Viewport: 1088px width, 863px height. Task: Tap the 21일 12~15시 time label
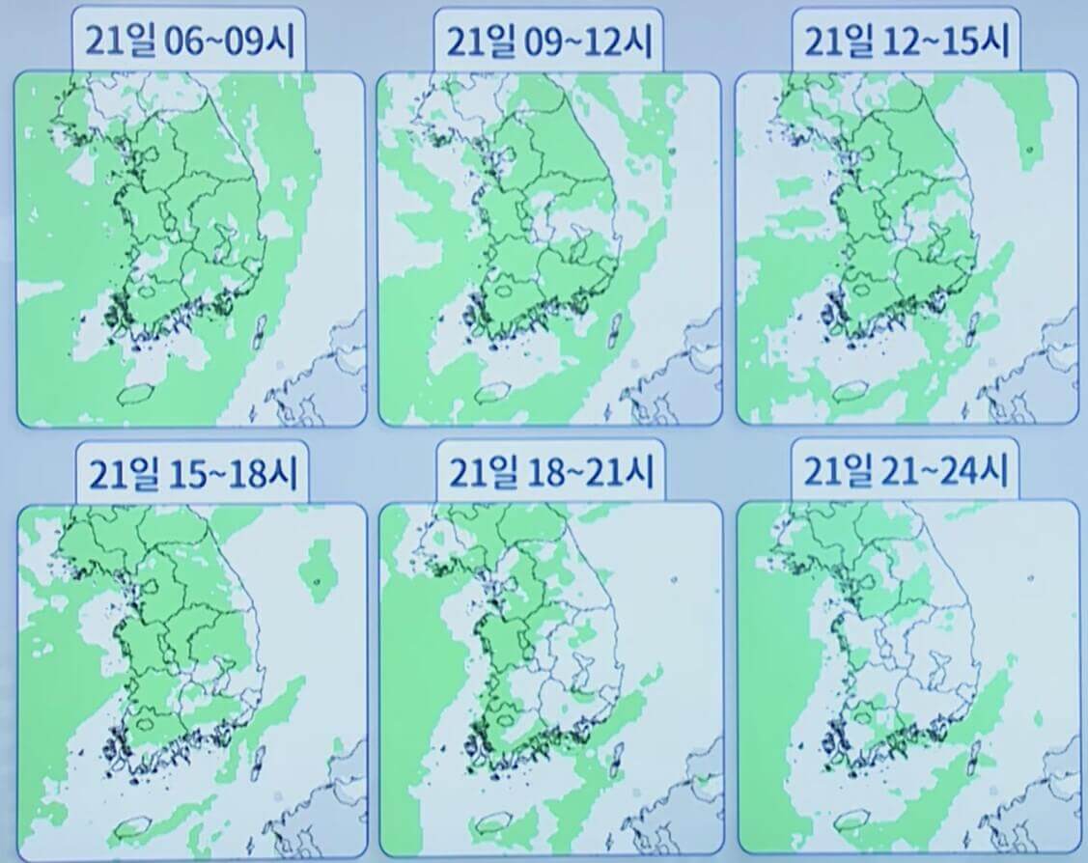point(906,40)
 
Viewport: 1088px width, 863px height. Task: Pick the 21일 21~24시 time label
point(906,473)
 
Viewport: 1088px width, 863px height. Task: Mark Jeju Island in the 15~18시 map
point(134,828)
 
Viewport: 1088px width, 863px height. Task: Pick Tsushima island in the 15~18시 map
point(258,766)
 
